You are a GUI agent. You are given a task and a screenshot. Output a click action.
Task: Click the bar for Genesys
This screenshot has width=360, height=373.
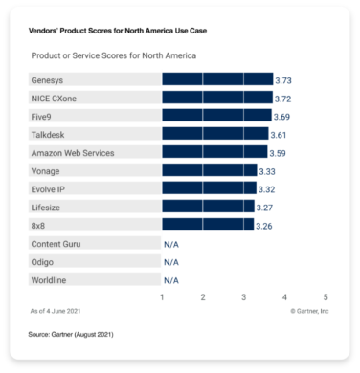(217, 79)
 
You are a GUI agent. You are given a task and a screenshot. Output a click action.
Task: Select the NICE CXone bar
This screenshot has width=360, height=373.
(217, 98)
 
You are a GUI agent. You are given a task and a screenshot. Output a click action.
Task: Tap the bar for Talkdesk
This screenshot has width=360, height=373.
(215, 134)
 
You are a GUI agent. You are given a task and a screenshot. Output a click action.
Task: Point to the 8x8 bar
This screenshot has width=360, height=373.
(208, 225)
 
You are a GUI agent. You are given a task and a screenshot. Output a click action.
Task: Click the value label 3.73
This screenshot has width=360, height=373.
(284, 79)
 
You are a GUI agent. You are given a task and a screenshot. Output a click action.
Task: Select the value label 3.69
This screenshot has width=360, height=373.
(282, 116)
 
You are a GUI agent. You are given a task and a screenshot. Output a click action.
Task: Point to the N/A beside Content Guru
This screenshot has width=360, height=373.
(170, 244)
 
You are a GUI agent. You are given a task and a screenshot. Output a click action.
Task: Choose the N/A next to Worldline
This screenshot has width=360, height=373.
(170, 280)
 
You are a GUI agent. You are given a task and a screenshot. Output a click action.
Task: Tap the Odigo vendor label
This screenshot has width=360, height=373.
(43, 262)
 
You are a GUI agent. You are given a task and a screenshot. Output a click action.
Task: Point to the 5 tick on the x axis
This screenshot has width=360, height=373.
(326, 297)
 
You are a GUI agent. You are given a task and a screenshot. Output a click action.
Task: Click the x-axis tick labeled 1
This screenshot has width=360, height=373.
(163, 297)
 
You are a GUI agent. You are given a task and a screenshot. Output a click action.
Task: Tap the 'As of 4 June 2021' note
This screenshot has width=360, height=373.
(55, 310)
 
